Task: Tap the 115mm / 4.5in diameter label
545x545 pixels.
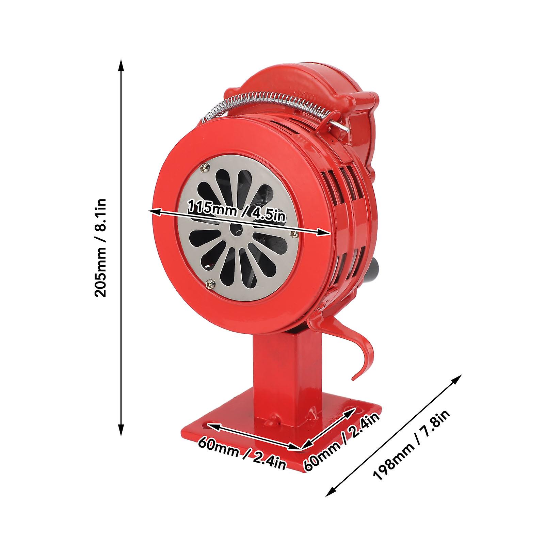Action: [236, 211]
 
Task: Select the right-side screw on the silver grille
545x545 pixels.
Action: [293, 234]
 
